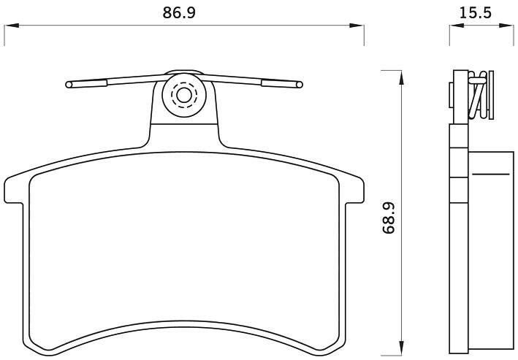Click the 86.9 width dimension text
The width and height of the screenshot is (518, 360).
179,12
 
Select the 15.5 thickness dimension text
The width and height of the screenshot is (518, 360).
476,12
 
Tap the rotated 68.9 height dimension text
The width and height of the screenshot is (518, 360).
389,218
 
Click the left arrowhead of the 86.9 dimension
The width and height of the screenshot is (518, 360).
12,26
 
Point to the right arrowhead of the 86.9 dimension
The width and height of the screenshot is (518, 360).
357,26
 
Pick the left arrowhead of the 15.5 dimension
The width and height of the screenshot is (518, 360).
457,26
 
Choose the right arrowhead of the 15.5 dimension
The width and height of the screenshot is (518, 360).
506,26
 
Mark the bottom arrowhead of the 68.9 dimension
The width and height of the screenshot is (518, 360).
401,346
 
